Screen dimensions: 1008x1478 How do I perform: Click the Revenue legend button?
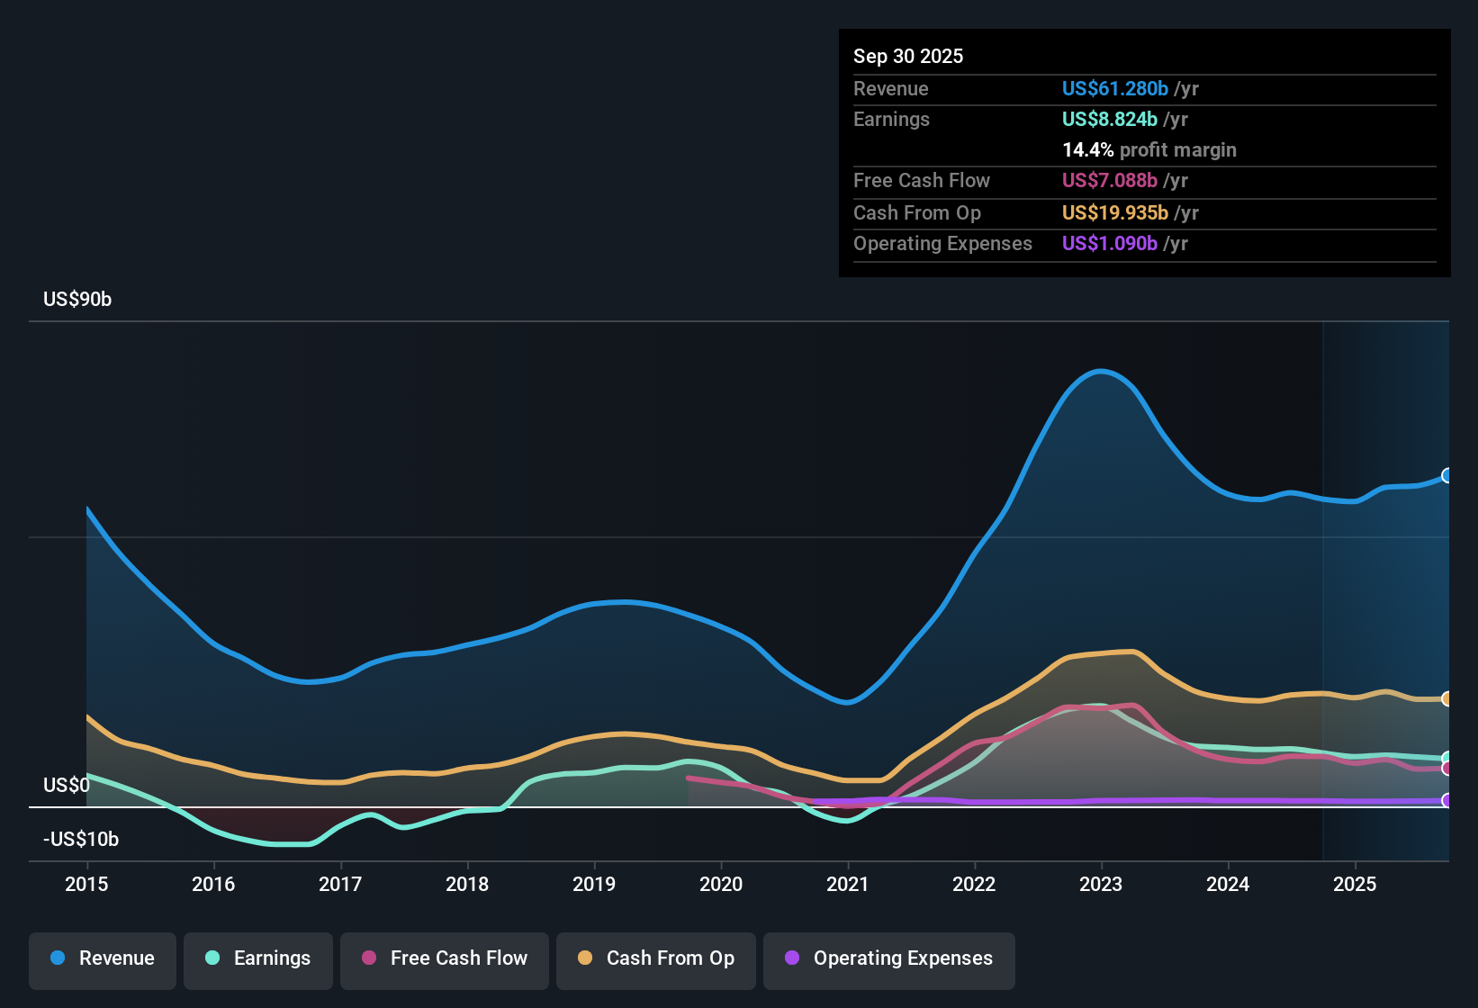point(103,959)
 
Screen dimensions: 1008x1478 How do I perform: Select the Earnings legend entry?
point(258,959)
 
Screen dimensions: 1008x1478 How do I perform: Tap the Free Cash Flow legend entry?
point(445,959)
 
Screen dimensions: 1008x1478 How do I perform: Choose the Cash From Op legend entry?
point(656,959)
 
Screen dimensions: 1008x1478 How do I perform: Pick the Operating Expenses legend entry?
point(889,959)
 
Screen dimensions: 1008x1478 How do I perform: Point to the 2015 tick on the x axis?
point(86,885)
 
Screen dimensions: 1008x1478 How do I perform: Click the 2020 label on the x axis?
point(721,885)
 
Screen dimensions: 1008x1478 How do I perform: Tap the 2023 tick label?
point(1101,885)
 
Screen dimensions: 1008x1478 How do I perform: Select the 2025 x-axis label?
point(1355,885)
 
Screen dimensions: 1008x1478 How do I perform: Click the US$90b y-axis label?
point(77,300)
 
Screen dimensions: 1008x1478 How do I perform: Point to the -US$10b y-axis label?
point(81,840)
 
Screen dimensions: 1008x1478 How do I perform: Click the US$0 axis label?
point(67,786)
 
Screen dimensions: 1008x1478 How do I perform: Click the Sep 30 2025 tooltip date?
point(908,57)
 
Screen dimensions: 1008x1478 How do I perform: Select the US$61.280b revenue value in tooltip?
point(1114,89)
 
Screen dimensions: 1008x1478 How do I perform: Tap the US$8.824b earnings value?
point(1109,120)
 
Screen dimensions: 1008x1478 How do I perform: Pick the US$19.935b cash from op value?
point(1114,213)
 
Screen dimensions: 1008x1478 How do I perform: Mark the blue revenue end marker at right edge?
point(1446,475)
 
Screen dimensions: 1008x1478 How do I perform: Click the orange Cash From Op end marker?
point(1446,698)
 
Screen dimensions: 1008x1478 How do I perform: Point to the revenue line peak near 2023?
point(1100,371)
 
